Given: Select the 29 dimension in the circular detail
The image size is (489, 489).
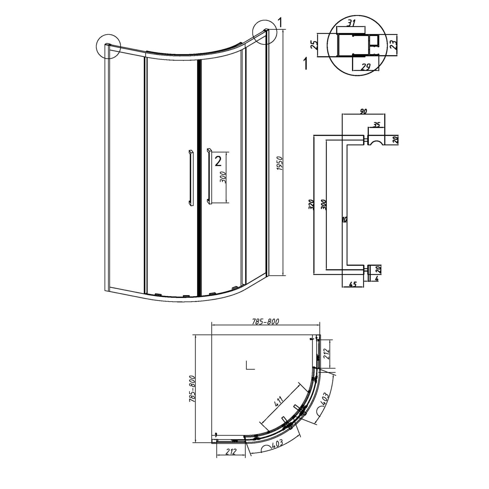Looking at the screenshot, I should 366,67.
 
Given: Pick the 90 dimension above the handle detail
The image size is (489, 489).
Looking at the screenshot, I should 363,111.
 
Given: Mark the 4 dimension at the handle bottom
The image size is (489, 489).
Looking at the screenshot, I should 377,278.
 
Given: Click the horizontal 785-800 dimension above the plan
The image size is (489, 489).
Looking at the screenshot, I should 265,322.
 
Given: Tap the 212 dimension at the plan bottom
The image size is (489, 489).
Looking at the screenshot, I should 230,452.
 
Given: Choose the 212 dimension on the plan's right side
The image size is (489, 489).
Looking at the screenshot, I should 327,353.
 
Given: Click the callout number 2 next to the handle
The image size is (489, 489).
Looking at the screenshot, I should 218,161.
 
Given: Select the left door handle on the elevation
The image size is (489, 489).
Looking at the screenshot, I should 190,178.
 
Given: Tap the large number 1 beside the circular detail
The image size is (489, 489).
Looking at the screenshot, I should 305,63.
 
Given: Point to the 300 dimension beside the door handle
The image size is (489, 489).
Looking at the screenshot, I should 224,177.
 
